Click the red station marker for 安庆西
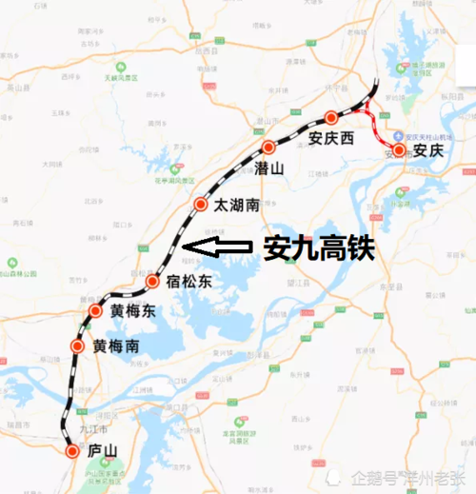point(331,117)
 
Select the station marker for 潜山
point(269,148)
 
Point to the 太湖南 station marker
point(201,205)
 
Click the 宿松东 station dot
point(152,281)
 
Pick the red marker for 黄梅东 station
point(95,311)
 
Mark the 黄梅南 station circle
point(77,346)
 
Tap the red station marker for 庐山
point(73,450)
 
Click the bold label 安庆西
point(331,139)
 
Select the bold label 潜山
point(269,168)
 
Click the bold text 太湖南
point(236,205)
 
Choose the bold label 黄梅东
point(131,311)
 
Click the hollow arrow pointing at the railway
point(215,248)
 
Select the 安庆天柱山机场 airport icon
point(402,134)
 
